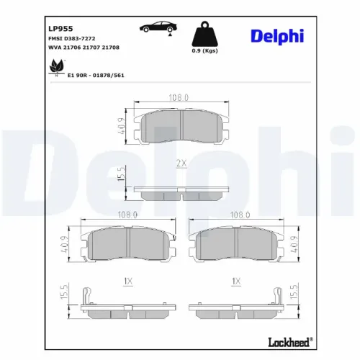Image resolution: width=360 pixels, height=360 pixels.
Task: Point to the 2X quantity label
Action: point(181,163)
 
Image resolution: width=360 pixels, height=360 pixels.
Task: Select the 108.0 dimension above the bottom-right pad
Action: point(239,214)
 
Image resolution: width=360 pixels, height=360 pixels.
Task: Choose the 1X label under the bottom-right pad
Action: point(235,281)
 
